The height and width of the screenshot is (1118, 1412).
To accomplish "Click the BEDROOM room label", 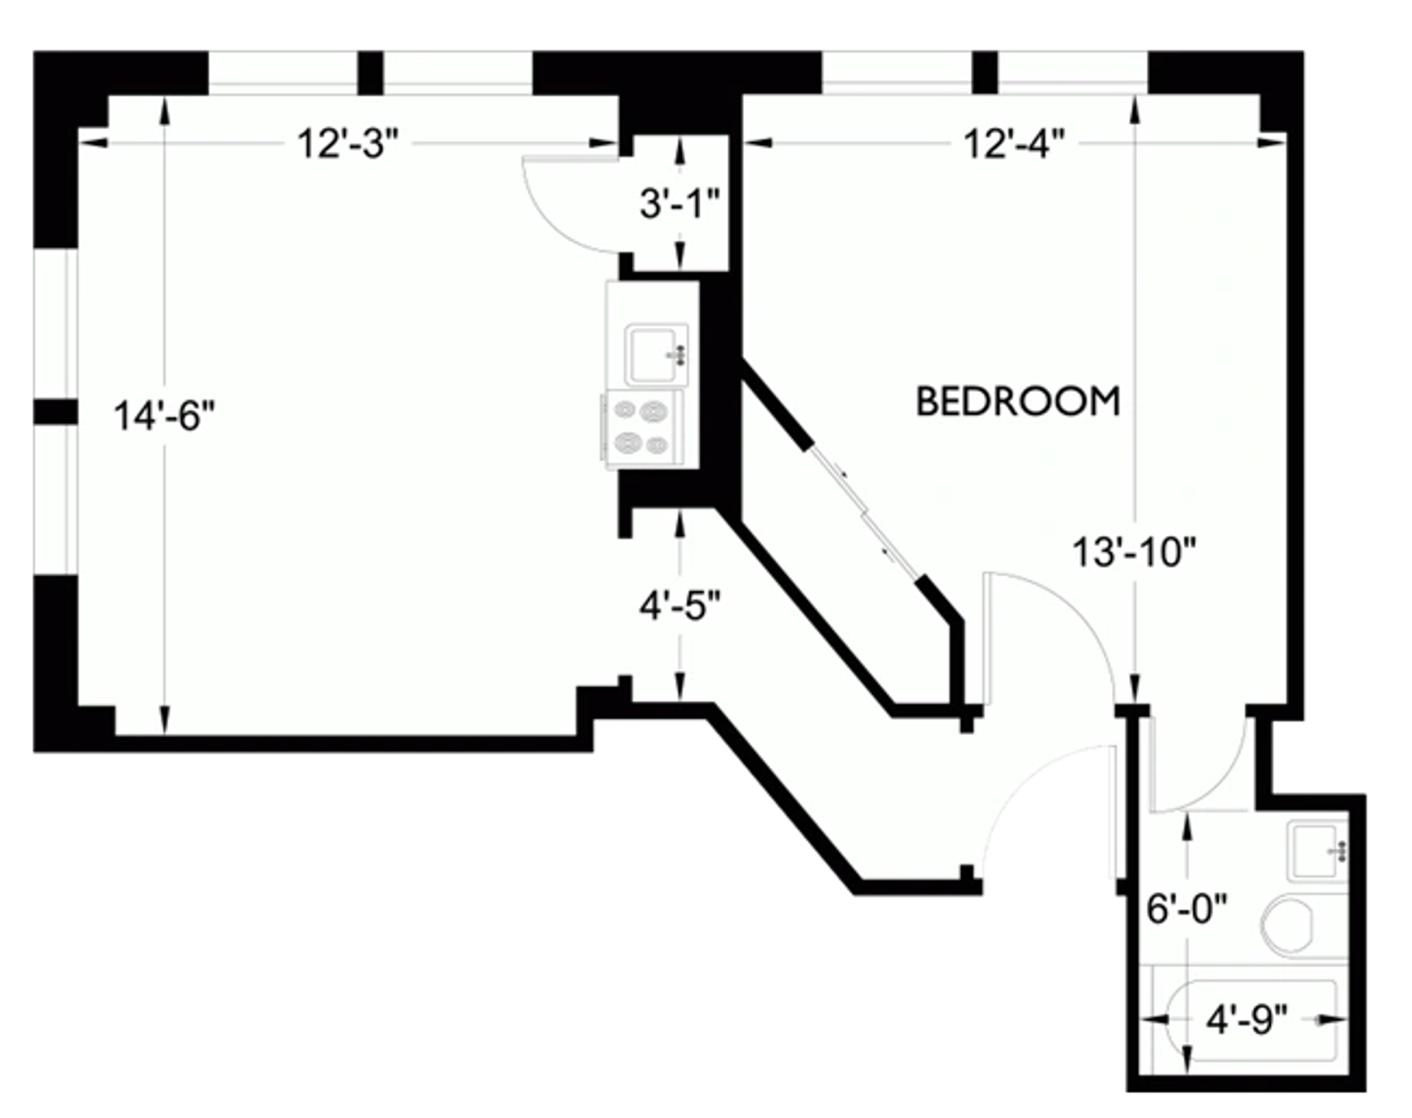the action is click(1018, 401).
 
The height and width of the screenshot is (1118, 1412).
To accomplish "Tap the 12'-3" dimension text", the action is click(347, 143).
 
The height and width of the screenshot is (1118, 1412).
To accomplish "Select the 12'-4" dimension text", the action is click(1014, 143).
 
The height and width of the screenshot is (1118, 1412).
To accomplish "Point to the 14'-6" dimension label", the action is click(164, 416).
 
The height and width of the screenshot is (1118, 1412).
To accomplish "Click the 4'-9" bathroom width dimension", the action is click(1247, 1020).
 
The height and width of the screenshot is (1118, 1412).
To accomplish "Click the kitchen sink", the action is click(656, 355).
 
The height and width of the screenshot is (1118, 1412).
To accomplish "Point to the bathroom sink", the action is click(1317, 852).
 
